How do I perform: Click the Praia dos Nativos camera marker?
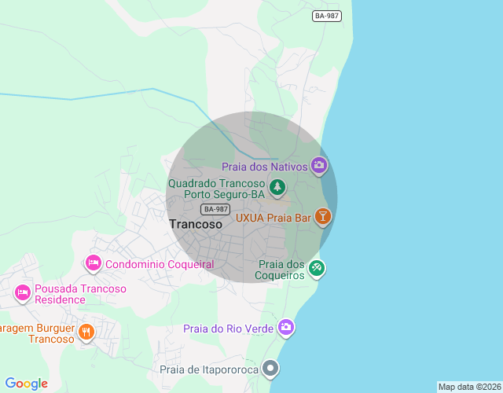point(319,165)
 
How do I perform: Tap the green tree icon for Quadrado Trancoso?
point(277,188)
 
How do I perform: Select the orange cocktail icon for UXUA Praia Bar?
point(322,217)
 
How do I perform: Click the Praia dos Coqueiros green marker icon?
point(316,268)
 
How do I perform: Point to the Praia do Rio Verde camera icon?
point(285,327)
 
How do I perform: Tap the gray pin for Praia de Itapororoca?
point(271,368)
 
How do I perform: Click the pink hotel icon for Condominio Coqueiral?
point(94,263)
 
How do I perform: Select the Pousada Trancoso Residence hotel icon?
point(23,293)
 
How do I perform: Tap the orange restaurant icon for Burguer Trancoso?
point(86,332)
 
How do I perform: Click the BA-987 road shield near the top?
point(327,16)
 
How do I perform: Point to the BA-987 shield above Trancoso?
point(215,208)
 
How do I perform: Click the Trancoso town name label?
point(196,224)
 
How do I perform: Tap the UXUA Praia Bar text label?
point(274,217)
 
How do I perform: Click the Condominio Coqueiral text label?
point(160,264)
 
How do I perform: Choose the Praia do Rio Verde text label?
point(228,328)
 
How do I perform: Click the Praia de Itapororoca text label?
point(209,369)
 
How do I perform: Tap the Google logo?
point(26,384)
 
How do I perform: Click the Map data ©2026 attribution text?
point(468,387)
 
